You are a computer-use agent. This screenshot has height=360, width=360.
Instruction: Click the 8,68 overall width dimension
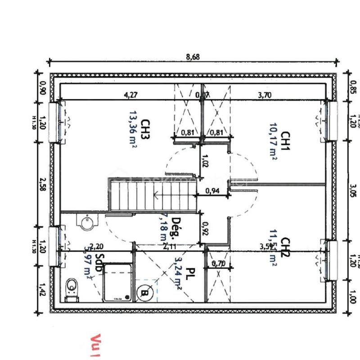(x=193, y=57)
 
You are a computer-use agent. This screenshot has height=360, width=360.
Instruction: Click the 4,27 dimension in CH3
(x=131, y=95)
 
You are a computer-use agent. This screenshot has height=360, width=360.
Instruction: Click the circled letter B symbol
(x=144, y=293)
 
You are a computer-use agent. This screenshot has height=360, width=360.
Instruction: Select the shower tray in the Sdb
(x=117, y=283)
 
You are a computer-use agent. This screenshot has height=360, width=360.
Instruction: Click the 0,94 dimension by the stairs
(x=212, y=191)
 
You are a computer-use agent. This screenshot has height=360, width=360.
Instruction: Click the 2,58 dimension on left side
(x=43, y=184)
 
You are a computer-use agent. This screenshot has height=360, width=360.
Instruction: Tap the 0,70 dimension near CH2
(x=218, y=263)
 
